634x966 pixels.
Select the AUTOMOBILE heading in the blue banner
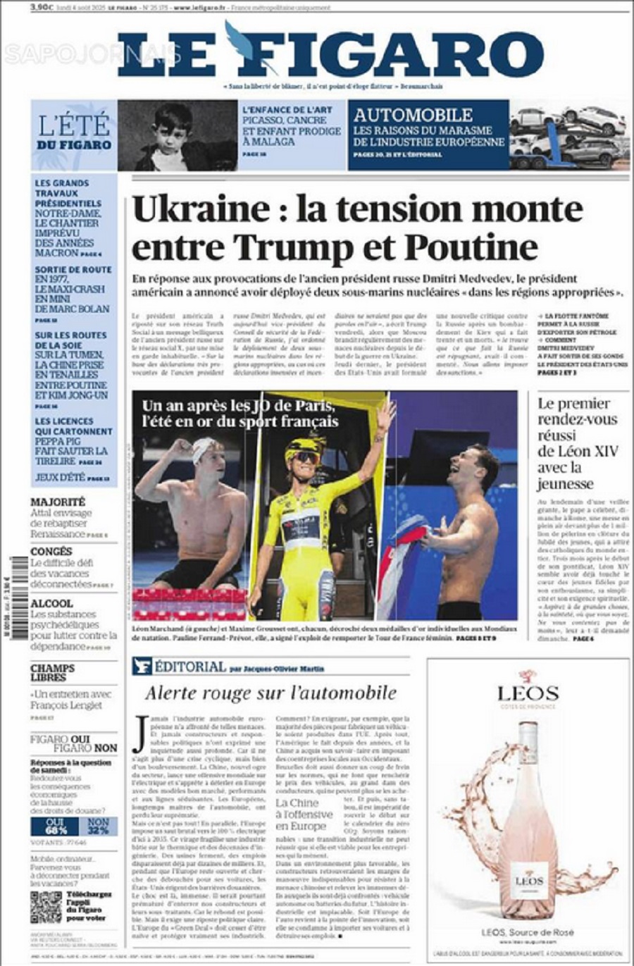[413, 115]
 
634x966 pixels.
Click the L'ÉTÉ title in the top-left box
[74, 125]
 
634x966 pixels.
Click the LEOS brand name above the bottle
[528, 693]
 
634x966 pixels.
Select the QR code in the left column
[45, 908]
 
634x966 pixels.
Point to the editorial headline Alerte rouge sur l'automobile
[271, 693]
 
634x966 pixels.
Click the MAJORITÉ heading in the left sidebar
[58, 502]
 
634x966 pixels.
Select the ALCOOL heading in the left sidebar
[51, 604]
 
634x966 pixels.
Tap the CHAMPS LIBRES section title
[52, 672]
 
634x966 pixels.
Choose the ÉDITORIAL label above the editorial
[189, 667]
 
